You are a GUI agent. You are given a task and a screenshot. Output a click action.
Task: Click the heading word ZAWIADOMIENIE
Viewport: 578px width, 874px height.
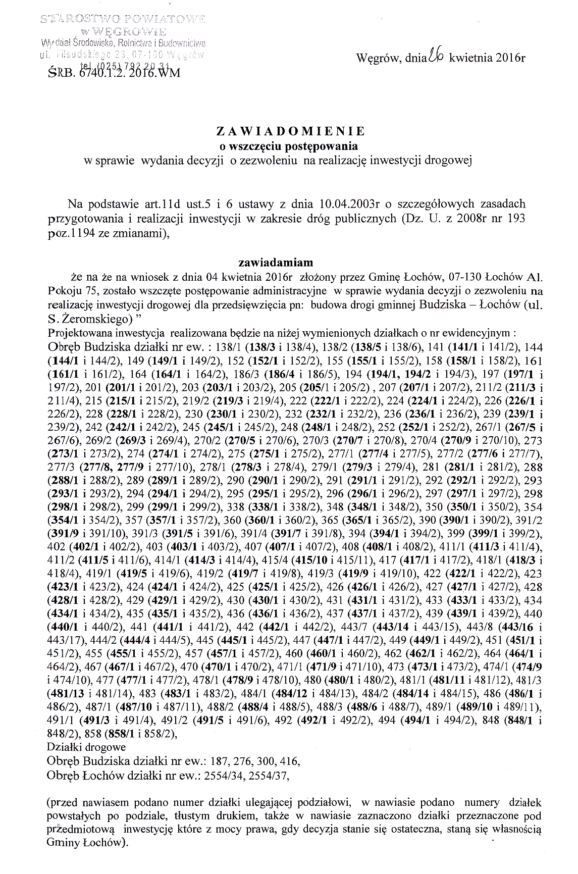(x=290, y=131)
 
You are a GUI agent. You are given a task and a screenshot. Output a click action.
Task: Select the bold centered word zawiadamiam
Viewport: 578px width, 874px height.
(x=276, y=263)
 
